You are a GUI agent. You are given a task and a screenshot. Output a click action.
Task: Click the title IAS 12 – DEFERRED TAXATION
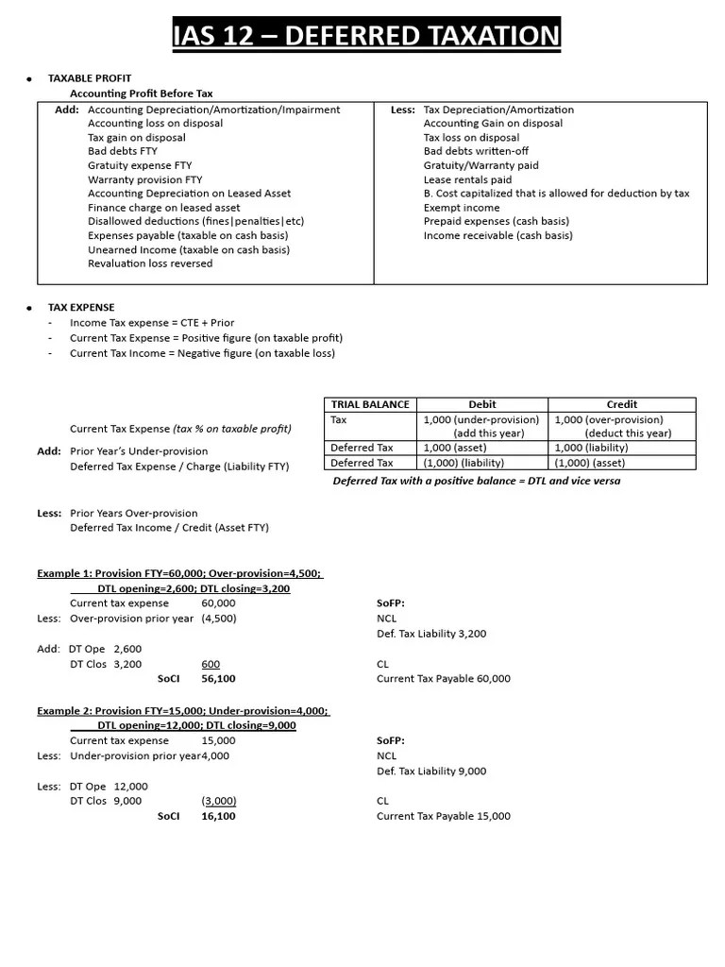[366, 37]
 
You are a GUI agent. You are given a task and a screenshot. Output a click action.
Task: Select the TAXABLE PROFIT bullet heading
[90, 78]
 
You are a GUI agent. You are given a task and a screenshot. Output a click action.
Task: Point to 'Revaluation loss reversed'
[150, 263]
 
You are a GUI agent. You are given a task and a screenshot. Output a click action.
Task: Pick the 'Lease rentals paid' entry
[467, 179]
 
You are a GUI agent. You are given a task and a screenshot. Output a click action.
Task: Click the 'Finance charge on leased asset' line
[163, 208]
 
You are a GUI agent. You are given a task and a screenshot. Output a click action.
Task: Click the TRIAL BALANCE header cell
[370, 404]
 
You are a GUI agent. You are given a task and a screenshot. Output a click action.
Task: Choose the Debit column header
[481, 404]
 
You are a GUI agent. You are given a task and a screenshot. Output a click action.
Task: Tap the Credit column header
[621, 404]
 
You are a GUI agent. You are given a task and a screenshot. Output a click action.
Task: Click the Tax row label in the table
[339, 419]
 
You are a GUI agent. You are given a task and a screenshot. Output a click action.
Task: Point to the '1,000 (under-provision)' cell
[481, 419]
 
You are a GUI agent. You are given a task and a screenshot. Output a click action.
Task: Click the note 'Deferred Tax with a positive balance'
[477, 481]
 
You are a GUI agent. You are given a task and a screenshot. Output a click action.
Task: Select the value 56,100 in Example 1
[218, 679]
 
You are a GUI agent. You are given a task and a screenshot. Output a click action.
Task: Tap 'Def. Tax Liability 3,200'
[430, 634]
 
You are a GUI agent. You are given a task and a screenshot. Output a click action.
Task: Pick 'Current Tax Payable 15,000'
[443, 816]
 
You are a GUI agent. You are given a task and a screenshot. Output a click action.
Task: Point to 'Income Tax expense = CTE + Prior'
[152, 323]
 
